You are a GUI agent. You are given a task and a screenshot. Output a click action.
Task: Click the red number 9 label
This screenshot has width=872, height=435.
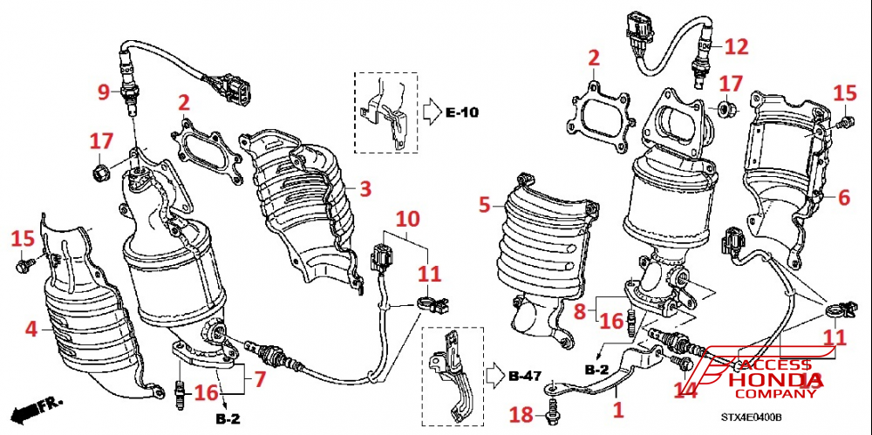point(102,90)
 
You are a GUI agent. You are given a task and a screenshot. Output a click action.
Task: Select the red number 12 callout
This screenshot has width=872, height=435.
point(736,46)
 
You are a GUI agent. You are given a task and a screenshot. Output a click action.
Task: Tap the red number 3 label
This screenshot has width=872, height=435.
point(365,188)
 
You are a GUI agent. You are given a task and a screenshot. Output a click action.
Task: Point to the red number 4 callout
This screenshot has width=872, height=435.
point(31,330)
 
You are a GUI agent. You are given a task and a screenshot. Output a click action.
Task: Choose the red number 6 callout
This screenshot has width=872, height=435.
point(843,198)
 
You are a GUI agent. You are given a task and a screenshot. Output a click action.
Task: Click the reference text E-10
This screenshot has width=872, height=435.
point(462,112)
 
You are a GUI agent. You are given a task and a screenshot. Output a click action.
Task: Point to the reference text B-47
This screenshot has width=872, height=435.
point(525,377)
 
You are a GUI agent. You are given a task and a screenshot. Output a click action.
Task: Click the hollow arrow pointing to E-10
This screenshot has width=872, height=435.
point(432,112)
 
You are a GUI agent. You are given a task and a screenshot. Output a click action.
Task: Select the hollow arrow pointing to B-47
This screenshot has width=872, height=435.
point(494,377)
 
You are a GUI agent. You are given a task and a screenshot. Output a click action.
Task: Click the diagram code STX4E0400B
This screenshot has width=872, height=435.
point(755,419)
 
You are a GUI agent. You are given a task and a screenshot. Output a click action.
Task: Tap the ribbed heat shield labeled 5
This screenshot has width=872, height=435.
point(542,248)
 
